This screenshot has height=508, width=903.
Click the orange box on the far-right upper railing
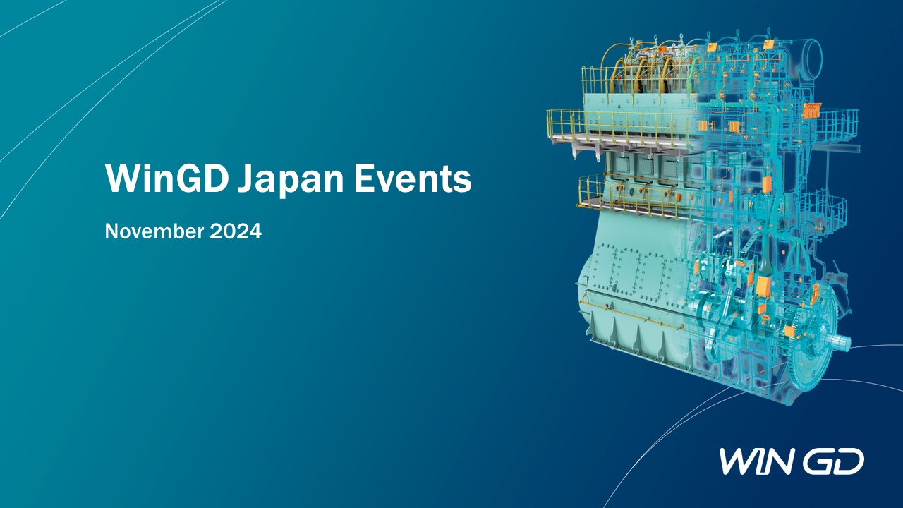point(811,111)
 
